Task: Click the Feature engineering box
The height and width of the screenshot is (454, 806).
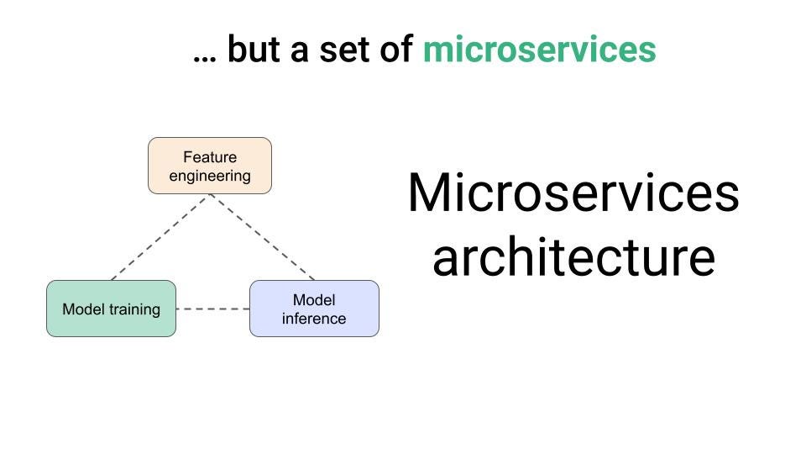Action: tap(210, 166)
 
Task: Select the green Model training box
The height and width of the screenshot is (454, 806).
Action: tap(111, 309)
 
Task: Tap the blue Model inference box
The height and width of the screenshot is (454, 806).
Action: tap(314, 309)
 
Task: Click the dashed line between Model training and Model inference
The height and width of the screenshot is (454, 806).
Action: tap(212, 309)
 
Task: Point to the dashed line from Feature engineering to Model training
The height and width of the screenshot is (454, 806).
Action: tap(160, 237)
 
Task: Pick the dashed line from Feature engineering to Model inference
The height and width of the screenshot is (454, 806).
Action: tap(262, 237)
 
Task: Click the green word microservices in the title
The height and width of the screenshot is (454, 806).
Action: tap(539, 50)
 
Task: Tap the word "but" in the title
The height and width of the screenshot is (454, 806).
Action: tap(254, 49)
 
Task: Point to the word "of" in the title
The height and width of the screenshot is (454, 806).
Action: tap(395, 49)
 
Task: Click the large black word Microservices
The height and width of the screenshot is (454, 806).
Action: tap(573, 193)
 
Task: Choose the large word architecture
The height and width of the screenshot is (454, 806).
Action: tap(573, 257)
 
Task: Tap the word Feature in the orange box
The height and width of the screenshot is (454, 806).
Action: tap(210, 156)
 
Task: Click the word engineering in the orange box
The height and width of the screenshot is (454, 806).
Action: tap(210, 176)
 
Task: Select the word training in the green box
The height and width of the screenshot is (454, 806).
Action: tap(134, 309)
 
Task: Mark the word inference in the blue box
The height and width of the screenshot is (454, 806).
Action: tap(313, 319)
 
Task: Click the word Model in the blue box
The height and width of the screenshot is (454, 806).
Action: tap(314, 299)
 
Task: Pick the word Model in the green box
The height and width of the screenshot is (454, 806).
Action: tap(84, 309)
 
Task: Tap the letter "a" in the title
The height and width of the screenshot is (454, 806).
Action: tap(299, 52)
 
